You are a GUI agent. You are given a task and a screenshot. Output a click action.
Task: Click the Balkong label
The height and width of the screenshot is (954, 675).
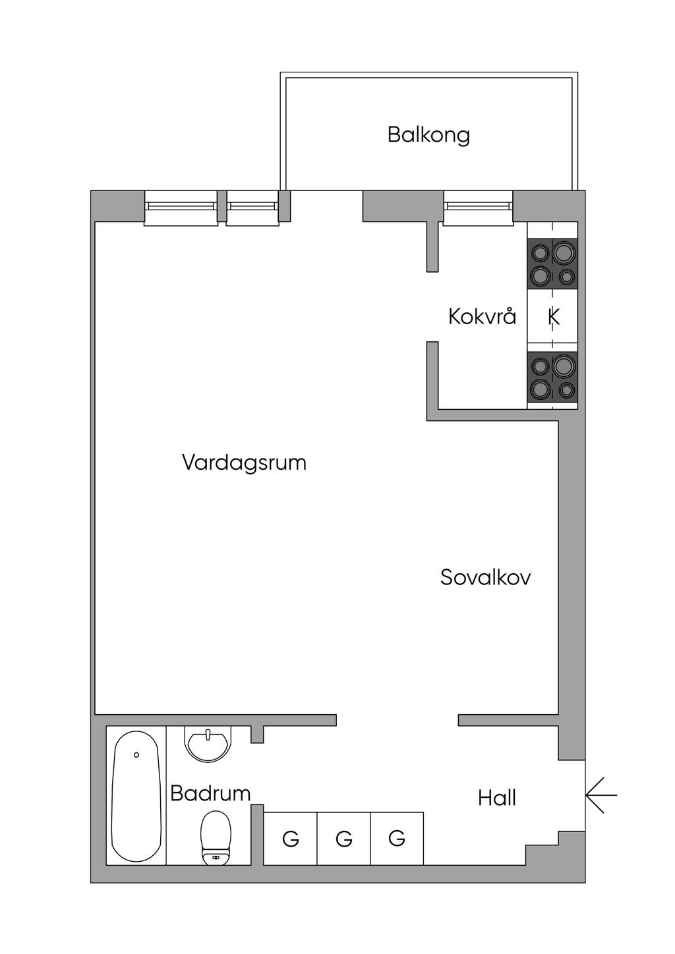click(428, 136)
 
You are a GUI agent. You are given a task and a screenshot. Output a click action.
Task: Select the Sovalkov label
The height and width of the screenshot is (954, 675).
click(485, 578)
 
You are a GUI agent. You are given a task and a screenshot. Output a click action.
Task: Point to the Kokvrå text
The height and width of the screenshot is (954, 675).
click(482, 316)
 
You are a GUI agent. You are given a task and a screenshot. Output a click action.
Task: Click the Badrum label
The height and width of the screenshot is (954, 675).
click(210, 793)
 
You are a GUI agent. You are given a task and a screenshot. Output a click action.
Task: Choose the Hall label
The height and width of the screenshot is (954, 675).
click(497, 798)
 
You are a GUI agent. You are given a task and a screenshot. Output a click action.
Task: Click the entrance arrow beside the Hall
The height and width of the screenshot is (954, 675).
click(601, 795)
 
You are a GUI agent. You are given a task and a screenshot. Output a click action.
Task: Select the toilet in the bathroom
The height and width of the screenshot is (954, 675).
click(216, 837)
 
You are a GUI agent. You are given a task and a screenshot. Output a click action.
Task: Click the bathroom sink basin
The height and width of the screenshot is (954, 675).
click(208, 744)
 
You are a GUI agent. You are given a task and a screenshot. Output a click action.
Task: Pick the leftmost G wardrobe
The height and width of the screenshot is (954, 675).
click(290, 839)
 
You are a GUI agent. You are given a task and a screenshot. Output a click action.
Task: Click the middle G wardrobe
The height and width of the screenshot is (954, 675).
click(344, 839)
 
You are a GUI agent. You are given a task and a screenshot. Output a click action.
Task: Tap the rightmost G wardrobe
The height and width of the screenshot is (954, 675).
click(397, 839)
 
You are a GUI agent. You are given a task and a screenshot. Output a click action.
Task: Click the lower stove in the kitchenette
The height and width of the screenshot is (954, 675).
click(552, 377)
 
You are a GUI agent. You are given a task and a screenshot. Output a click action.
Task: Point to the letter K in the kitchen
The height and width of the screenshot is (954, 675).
click(554, 317)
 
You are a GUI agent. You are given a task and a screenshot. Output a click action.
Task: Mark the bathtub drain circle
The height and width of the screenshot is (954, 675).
click(136, 755)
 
